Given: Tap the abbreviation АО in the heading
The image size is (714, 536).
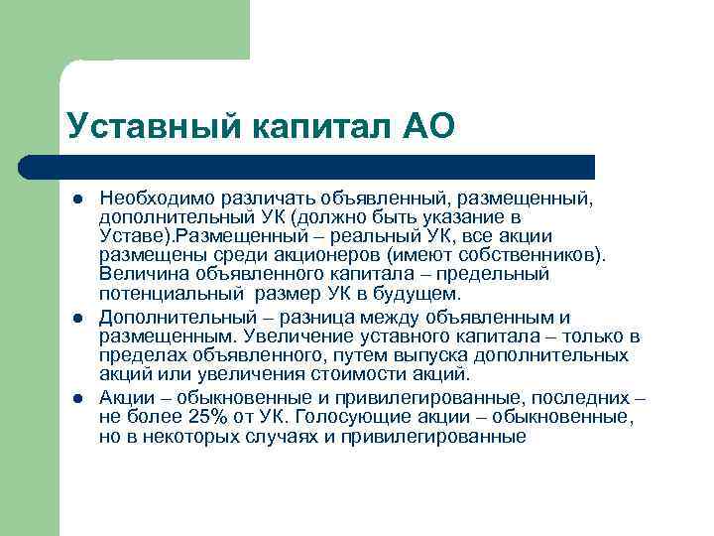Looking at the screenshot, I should coord(428,126).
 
